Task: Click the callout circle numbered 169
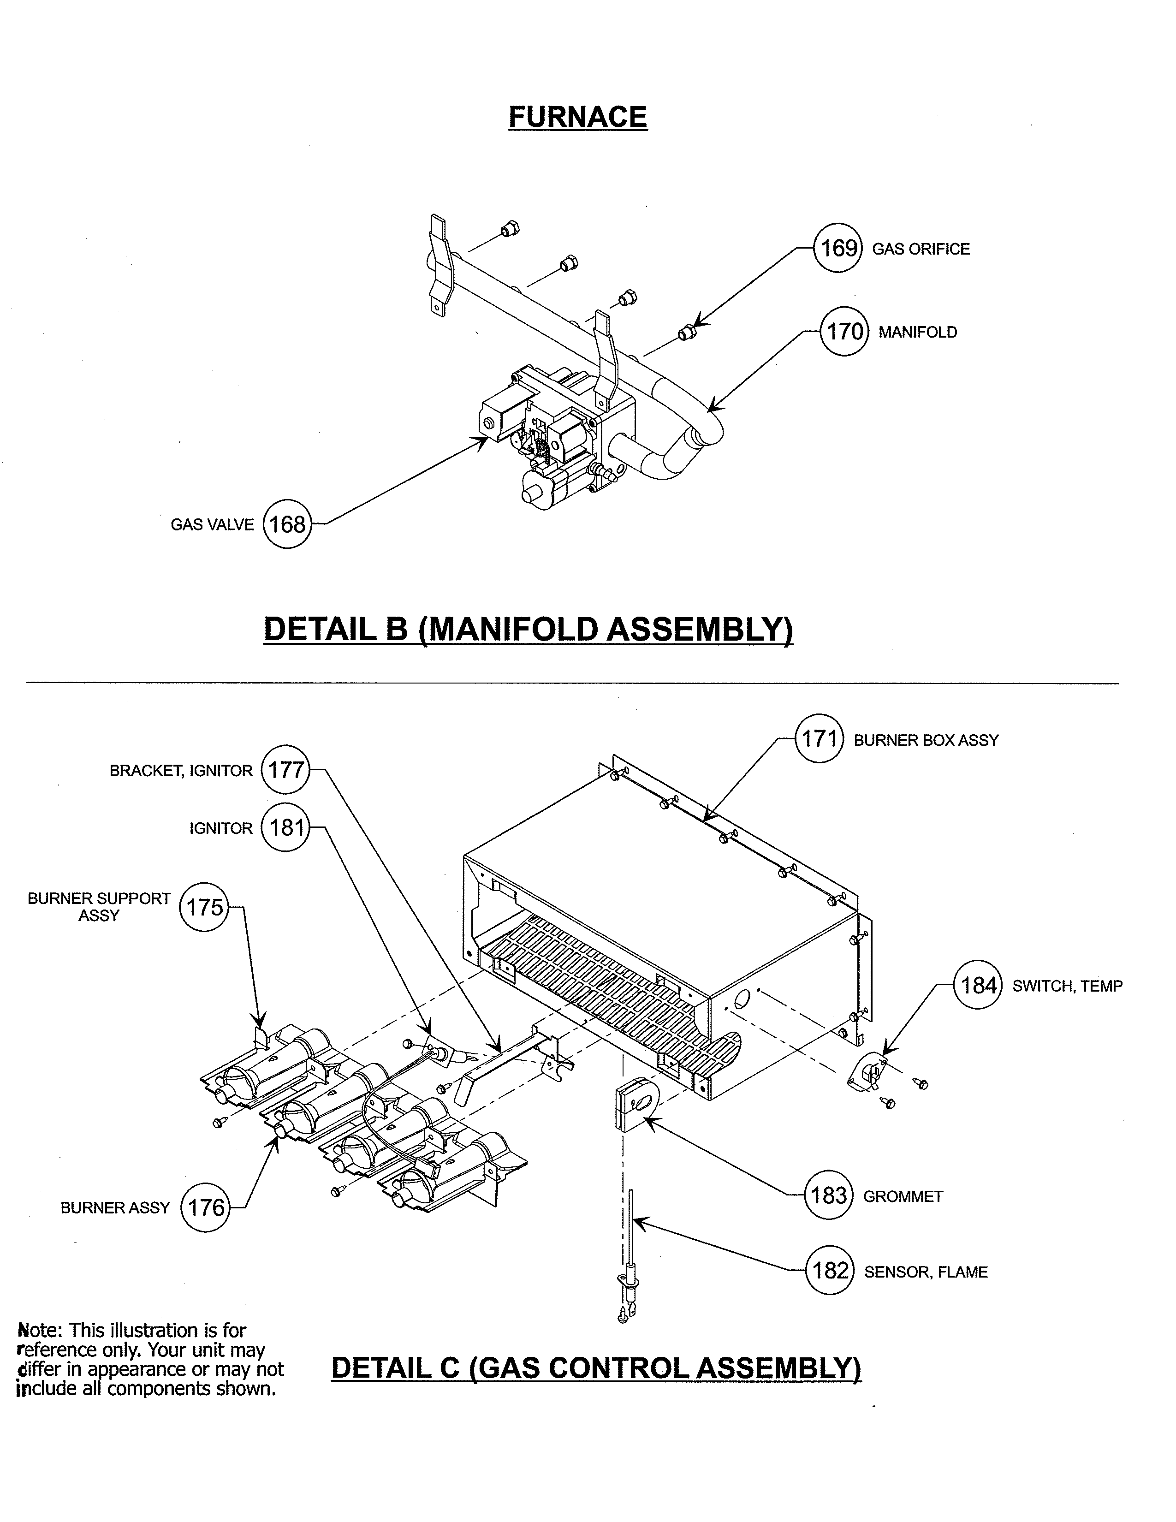click(x=838, y=248)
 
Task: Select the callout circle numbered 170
click(x=844, y=331)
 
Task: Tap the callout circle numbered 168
click(x=287, y=524)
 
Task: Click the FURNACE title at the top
click(x=577, y=117)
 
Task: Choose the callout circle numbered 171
click(x=820, y=739)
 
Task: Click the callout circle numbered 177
click(x=285, y=770)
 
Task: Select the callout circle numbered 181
click(x=285, y=828)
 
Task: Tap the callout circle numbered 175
click(x=204, y=907)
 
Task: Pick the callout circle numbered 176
click(x=205, y=1207)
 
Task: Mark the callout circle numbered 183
click(x=828, y=1196)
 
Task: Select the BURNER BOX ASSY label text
click(x=926, y=740)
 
